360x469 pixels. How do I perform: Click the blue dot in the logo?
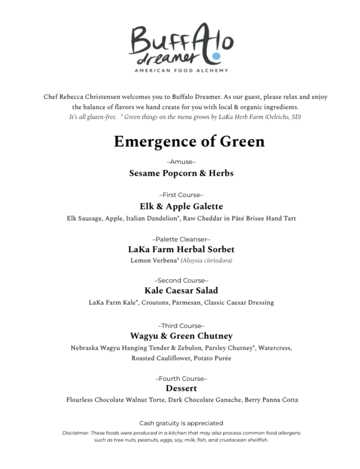216,57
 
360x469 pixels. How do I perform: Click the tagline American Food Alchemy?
181,71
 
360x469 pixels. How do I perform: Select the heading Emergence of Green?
189,141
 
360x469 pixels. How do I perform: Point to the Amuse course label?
181,162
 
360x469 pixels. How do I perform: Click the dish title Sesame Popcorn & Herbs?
181,173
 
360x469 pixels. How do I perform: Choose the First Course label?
181,195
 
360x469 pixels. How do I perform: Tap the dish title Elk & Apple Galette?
181,206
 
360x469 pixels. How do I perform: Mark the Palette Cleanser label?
181,238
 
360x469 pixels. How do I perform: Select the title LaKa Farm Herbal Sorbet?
181,250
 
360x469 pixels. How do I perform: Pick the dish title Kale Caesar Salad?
181,291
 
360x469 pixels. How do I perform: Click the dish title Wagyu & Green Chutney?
181,336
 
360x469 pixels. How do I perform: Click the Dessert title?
181,389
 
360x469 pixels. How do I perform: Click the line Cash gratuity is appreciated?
181,423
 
